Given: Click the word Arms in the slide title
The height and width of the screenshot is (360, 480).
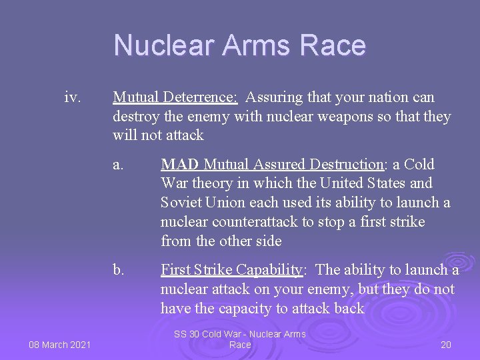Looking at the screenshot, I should point(257,45).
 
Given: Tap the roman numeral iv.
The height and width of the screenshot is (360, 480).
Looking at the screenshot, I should point(73,98).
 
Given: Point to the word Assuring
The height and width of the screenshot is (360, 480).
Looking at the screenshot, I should point(273,98).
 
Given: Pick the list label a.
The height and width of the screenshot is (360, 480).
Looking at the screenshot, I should point(118,165).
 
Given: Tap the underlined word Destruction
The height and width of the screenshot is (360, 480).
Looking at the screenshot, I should point(349,165).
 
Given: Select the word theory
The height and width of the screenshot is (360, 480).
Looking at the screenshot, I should point(209,183).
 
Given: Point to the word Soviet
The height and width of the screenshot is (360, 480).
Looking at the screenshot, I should point(181,203).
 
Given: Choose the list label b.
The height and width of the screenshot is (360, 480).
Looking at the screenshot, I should point(119,270).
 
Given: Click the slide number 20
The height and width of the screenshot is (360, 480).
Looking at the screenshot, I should point(446,344).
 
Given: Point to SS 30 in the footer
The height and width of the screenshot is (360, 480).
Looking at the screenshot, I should point(187,334).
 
